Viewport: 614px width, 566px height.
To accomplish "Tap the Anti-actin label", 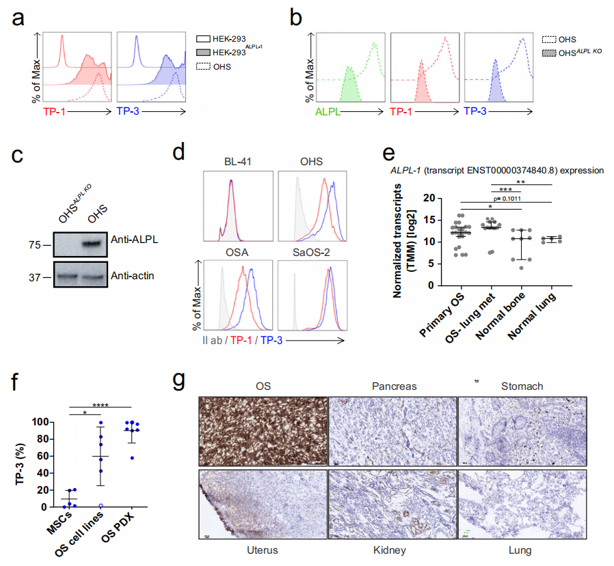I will point(135,277).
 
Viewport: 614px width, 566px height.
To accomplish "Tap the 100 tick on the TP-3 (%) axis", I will point(42,422).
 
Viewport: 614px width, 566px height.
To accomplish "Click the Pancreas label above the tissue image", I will point(393,386).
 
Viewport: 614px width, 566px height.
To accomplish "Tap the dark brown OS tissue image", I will point(262,432).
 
